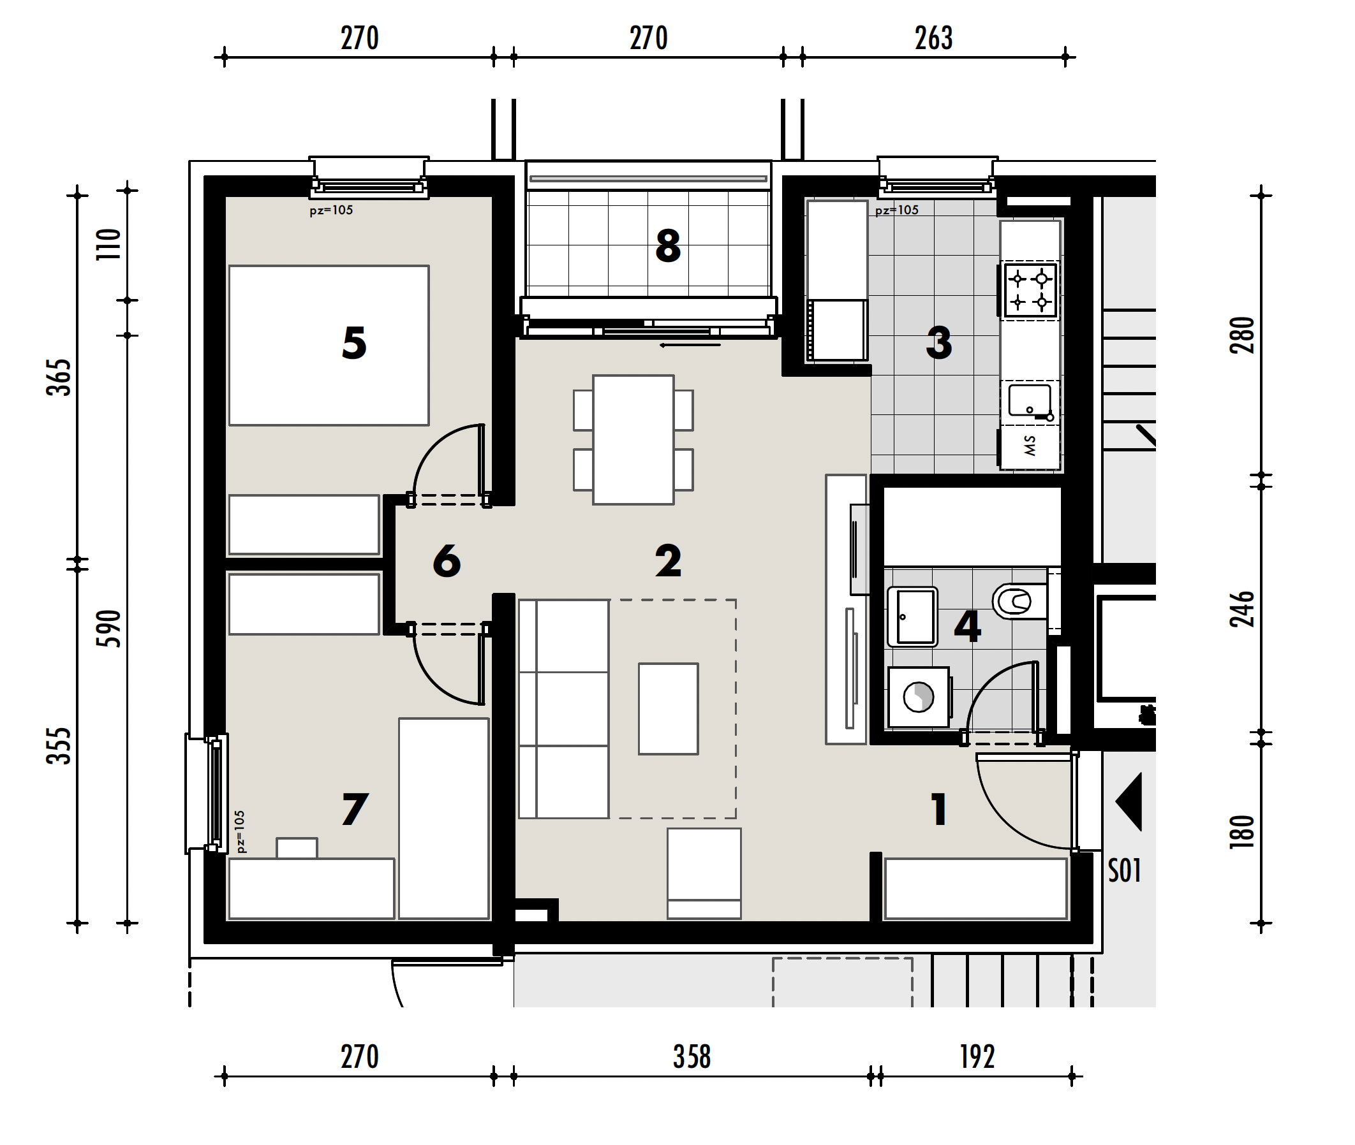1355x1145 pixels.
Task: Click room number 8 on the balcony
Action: (x=668, y=246)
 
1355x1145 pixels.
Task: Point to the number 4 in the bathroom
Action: (x=967, y=627)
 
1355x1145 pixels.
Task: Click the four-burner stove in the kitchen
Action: (x=1030, y=290)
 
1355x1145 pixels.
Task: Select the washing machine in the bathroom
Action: (x=919, y=697)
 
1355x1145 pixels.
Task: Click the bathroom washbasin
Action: (x=913, y=616)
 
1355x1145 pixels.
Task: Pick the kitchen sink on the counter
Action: (x=1030, y=401)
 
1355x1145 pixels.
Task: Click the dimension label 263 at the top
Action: (x=933, y=38)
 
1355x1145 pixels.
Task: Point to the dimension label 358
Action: (x=692, y=1058)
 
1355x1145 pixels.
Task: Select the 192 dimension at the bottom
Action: (x=977, y=1058)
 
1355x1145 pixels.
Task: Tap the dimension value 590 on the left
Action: (x=108, y=629)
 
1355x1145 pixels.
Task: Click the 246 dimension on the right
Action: (x=1242, y=609)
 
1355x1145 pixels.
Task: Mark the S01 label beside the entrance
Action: (x=1125, y=871)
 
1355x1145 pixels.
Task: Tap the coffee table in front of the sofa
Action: (x=668, y=709)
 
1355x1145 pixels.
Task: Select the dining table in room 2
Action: (x=633, y=439)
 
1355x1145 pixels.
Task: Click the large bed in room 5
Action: (x=329, y=346)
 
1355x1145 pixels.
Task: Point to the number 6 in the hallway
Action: (x=447, y=561)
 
